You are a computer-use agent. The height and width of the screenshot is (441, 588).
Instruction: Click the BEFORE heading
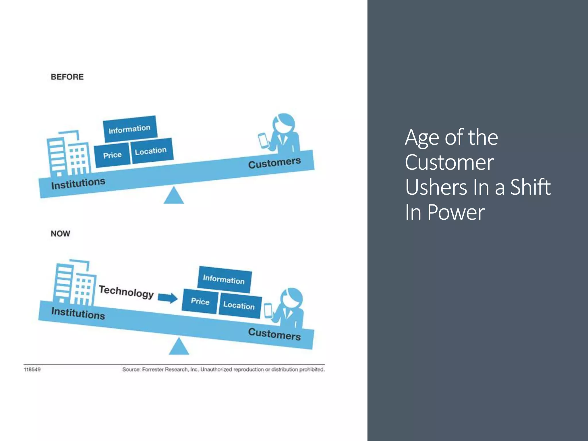coord(67,77)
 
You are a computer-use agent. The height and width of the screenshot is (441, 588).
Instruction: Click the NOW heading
coord(60,233)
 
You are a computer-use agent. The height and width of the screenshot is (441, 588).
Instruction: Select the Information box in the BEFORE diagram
coord(130,129)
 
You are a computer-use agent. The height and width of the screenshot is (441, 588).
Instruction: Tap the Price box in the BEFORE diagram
coord(112,155)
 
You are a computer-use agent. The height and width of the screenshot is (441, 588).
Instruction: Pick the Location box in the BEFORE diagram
coord(151,151)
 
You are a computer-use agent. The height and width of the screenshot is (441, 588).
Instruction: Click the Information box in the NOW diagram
coord(224,279)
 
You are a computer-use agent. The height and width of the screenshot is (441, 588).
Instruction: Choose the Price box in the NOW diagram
coord(200,301)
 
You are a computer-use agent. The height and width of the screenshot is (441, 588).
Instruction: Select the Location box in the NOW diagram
coord(239,305)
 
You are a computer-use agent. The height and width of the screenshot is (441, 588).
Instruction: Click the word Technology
coord(126,292)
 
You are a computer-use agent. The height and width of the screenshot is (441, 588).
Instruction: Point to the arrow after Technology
coord(168,298)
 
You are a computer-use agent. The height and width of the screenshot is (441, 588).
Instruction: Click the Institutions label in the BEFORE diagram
coord(78,183)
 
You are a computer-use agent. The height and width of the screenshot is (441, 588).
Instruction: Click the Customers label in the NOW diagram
coord(274,334)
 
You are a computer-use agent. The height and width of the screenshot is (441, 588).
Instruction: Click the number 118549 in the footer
coord(32,370)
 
